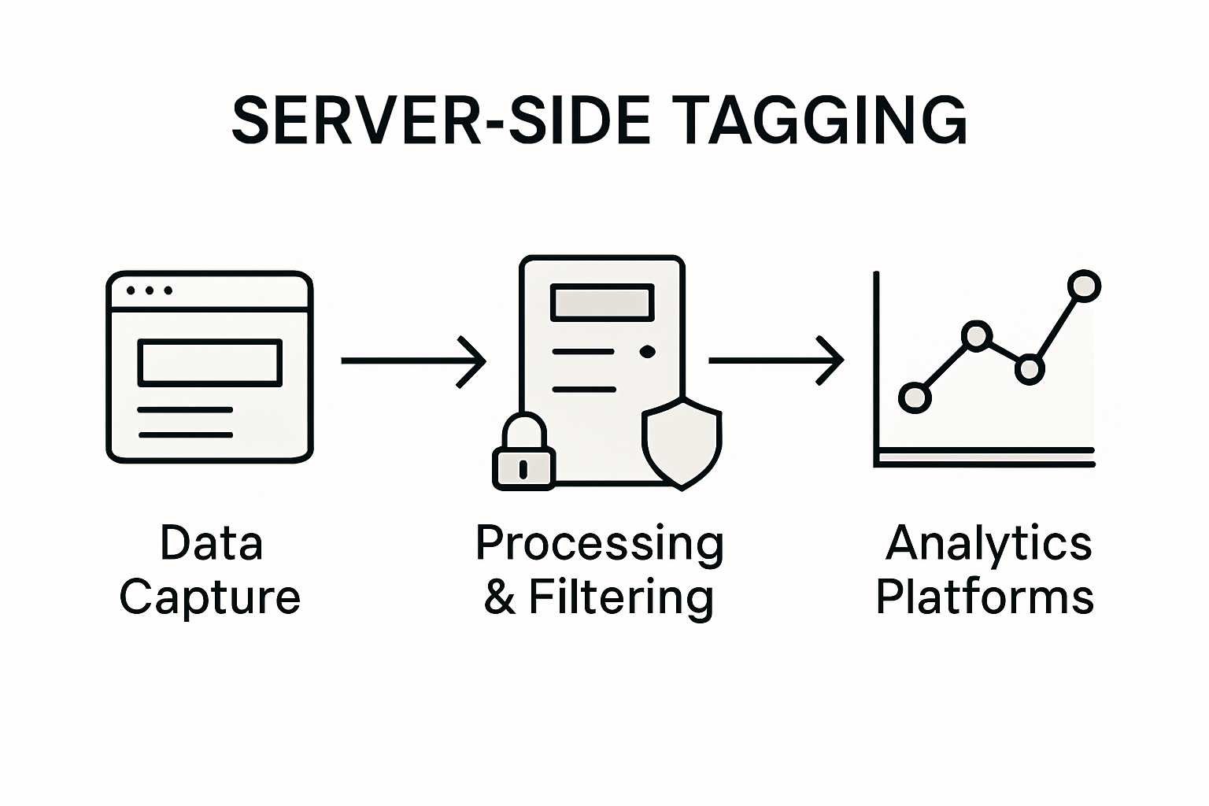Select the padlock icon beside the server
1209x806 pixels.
523,453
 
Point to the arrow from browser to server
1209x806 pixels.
413,361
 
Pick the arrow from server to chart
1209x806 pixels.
775,361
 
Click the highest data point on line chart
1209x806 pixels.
1084,286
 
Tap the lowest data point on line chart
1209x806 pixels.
914,397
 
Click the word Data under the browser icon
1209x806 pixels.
211,543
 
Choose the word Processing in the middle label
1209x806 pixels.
599,543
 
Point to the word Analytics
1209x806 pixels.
989,543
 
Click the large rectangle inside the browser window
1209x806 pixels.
209,363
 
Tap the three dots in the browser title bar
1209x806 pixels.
149,290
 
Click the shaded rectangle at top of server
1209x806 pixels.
602,303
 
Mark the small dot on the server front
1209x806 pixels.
647,352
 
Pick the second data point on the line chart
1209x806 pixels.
975,336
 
